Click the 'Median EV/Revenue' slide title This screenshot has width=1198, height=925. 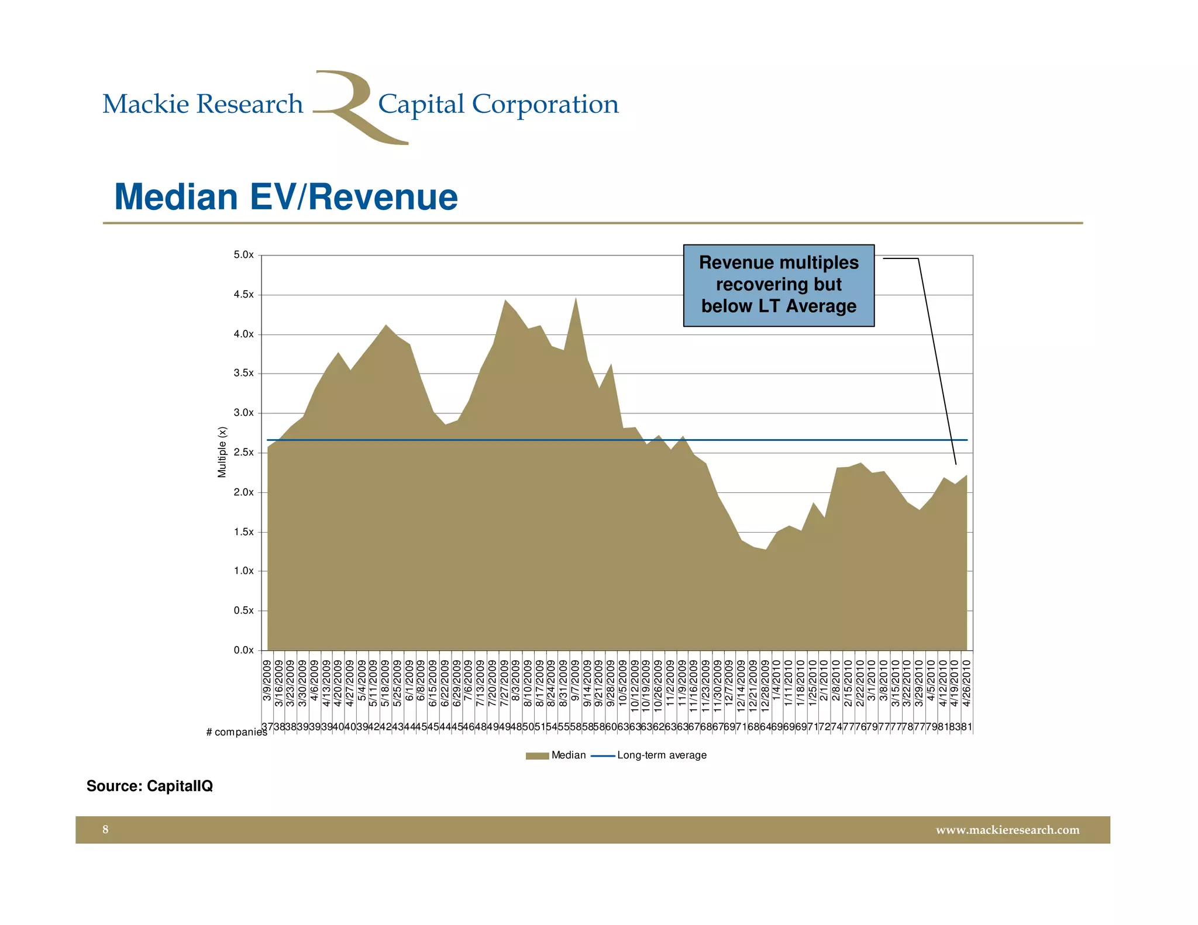tap(286, 197)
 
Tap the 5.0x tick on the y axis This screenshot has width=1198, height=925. tap(243, 255)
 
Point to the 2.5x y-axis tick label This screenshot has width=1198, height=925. tap(243, 453)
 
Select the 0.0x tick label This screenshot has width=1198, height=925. tap(243, 650)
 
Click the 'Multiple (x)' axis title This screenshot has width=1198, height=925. tap(222, 452)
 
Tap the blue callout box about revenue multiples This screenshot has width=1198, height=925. tap(779, 285)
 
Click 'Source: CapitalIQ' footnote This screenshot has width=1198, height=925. tap(150, 786)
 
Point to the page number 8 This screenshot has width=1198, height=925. tap(105, 830)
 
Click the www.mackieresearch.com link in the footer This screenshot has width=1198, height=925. tap(1007, 830)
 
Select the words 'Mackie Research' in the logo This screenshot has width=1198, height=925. tap(203, 104)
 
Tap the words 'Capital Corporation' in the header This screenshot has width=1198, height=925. tap(498, 104)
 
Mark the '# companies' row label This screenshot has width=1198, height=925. tap(236, 732)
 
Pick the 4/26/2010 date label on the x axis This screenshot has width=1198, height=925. tap(966, 684)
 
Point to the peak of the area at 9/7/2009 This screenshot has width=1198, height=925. tap(576, 299)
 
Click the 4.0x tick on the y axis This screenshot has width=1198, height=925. tap(243, 334)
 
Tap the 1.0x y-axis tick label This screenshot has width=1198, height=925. tap(243, 571)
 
